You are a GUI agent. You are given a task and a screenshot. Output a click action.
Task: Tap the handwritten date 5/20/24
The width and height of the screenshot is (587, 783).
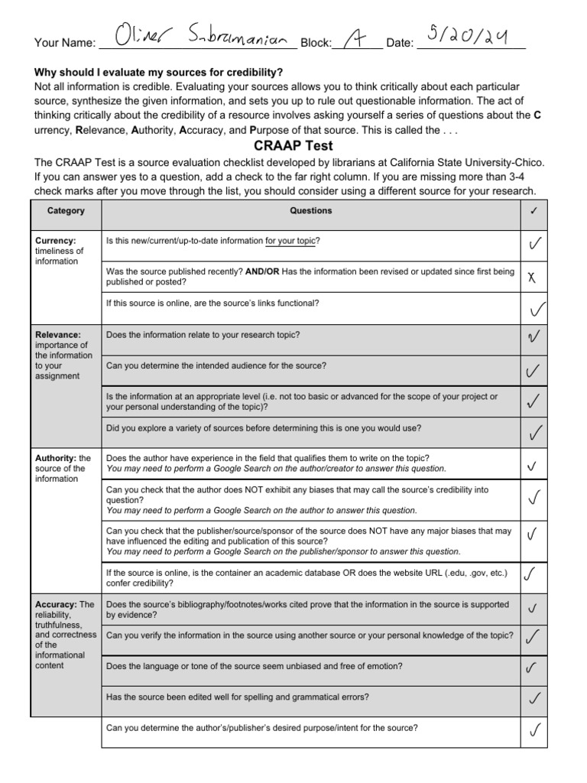coord(469,34)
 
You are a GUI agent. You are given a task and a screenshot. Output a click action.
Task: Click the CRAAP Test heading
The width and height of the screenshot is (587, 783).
coord(293,145)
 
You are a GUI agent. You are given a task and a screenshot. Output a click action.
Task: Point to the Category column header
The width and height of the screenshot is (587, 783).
coord(66,211)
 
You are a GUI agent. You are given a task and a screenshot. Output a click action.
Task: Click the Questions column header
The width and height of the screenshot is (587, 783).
coord(310,211)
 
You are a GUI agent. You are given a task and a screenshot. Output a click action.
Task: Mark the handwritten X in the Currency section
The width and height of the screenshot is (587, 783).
coord(533,278)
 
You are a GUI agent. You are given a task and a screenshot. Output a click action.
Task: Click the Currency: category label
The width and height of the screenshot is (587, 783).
coord(55,240)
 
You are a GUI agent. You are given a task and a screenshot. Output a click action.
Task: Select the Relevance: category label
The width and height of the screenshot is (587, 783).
coord(58,334)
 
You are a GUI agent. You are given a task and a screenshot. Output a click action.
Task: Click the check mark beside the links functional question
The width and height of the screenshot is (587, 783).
coord(537,310)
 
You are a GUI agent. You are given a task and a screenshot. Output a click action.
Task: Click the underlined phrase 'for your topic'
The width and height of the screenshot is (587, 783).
coord(290,241)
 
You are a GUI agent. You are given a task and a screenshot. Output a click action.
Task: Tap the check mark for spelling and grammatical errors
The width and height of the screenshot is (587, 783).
coord(536,698)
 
